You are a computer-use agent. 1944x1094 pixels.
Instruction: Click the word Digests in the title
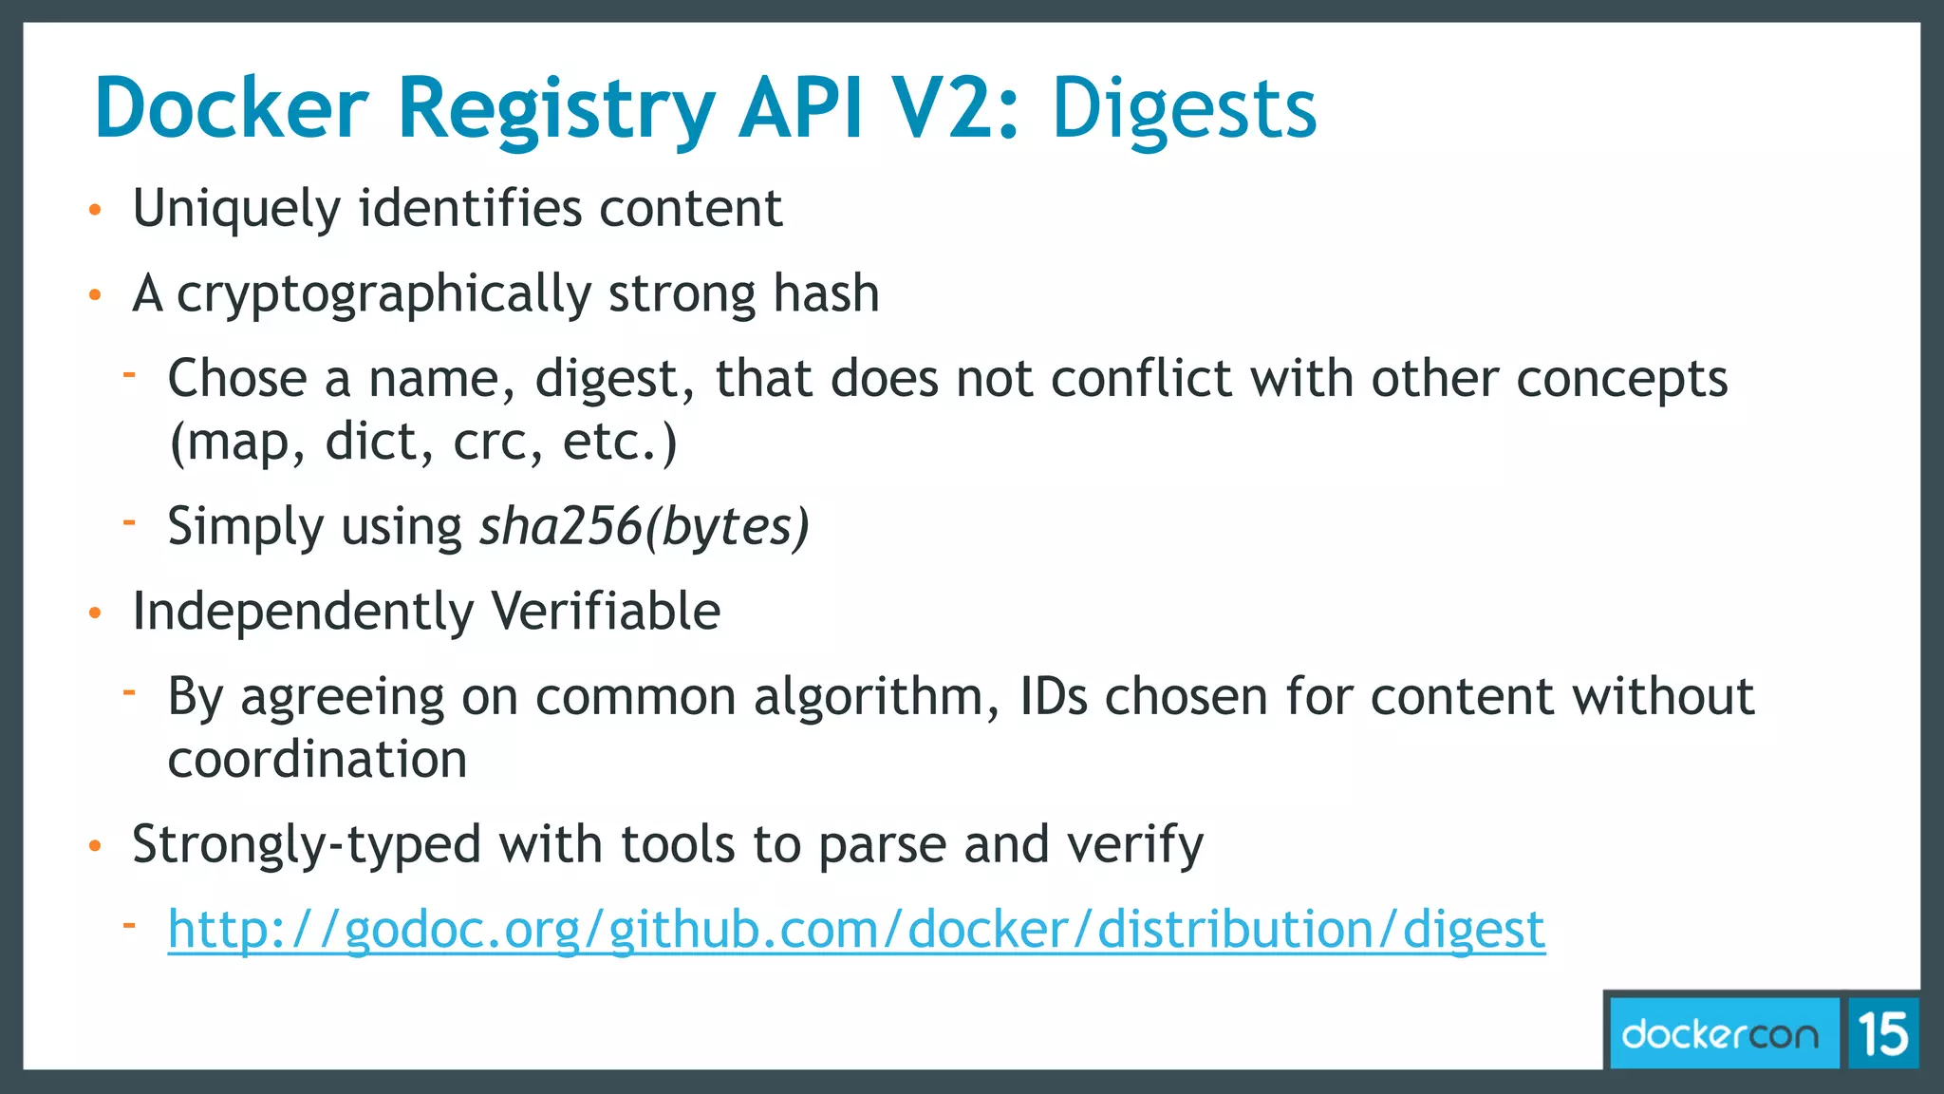coord(1184,110)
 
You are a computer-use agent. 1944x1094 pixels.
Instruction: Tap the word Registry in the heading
coord(556,110)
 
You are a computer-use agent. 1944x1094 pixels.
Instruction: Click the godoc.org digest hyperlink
coord(856,930)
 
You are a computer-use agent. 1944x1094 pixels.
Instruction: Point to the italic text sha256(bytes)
coord(645,527)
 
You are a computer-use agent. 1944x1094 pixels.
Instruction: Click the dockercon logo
coord(1720,1033)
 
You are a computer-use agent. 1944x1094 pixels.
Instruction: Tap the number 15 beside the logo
coord(1883,1033)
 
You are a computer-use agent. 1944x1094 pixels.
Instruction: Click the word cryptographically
coord(384,294)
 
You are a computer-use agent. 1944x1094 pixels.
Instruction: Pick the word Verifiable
coord(606,611)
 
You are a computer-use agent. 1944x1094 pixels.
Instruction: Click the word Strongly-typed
coord(307,844)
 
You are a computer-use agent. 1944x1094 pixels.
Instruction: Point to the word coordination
coord(317,760)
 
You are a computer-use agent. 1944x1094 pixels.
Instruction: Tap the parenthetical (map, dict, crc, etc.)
coord(422,442)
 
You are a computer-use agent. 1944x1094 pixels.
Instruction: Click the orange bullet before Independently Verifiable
coord(94,613)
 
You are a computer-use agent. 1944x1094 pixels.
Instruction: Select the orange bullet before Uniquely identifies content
coord(94,211)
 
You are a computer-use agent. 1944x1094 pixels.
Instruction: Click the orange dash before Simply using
coord(129,520)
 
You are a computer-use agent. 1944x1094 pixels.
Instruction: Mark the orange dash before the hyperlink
coord(129,923)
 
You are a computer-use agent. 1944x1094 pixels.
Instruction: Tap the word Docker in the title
coord(231,108)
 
